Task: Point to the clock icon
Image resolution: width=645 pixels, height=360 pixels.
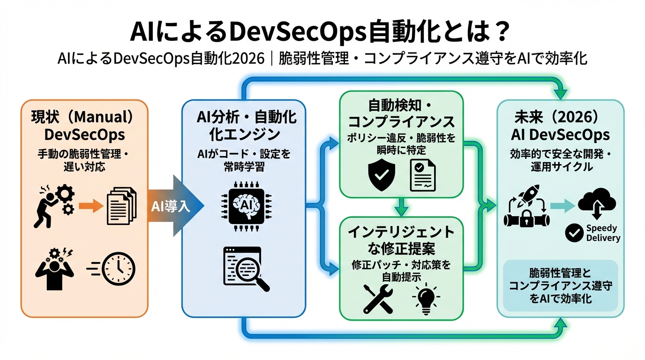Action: [119, 269]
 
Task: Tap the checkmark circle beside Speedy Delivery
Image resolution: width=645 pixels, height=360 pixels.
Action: [574, 233]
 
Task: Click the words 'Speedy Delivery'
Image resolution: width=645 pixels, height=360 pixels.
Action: [603, 233]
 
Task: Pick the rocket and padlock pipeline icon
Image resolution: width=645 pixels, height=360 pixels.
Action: [526, 210]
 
